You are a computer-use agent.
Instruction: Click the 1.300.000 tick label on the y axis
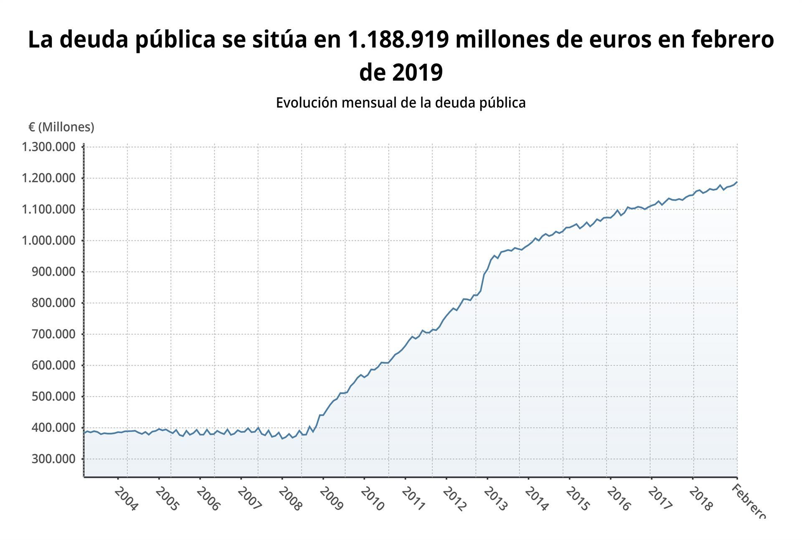pyautogui.click(x=49, y=147)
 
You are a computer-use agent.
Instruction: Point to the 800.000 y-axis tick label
pyautogui.click(x=53, y=303)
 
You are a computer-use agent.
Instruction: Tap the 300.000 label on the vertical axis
pyautogui.click(x=53, y=459)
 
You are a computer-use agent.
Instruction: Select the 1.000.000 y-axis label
pyautogui.click(x=49, y=241)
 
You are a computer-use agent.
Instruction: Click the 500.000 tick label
pyautogui.click(x=53, y=396)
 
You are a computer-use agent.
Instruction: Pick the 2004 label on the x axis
pyautogui.click(x=126, y=499)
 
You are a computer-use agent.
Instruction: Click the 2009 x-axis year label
pyautogui.click(x=331, y=499)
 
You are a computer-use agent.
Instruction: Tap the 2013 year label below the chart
pyautogui.click(x=495, y=499)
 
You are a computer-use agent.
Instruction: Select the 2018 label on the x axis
pyautogui.click(x=701, y=499)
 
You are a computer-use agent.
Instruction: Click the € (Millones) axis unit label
pyautogui.click(x=61, y=127)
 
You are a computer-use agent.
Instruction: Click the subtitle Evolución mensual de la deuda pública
pyautogui.click(x=401, y=103)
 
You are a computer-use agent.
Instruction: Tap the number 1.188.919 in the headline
pyautogui.click(x=398, y=40)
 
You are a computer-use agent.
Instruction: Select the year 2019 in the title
pyautogui.click(x=418, y=73)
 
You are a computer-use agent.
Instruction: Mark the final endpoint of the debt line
pyautogui.click(x=737, y=182)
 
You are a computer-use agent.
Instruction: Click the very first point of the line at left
pyautogui.click(x=84, y=433)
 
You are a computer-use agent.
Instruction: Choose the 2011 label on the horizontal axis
pyautogui.click(x=414, y=499)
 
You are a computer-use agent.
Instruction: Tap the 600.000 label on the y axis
pyautogui.click(x=53, y=366)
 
